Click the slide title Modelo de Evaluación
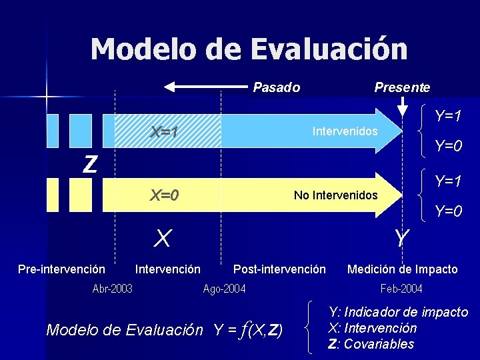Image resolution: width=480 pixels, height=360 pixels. click(x=249, y=49)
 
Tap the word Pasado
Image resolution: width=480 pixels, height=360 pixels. click(x=277, y=87)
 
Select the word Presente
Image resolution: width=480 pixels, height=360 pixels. click(x=402, y=87)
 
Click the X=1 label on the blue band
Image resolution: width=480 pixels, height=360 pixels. click(x=164, y=132)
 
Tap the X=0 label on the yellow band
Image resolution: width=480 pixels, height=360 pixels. click(x=164, y=195)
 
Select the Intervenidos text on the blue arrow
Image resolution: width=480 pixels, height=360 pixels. click(x=345, y=131)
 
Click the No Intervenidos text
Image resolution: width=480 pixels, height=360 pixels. click(x=335, y=195)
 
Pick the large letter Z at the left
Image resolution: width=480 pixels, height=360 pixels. click(x=89, y=163)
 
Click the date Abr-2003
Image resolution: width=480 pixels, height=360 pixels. click(x=112, y=288)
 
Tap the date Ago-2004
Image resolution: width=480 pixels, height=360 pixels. click(x=224, y=288)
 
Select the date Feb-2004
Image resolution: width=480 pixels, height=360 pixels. click(x=401, y=288)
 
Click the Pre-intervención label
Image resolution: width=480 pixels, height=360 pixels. click(x=61, y=269)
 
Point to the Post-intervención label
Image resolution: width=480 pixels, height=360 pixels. click(x=279, y=269)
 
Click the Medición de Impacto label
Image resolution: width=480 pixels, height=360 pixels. click(x=403, y=269)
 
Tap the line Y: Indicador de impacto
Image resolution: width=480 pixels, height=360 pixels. click(x=398, y=312)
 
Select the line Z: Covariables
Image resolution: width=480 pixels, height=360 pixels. click(x=371, y=344)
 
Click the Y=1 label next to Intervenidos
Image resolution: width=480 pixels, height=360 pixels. click(x=448, y=117)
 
